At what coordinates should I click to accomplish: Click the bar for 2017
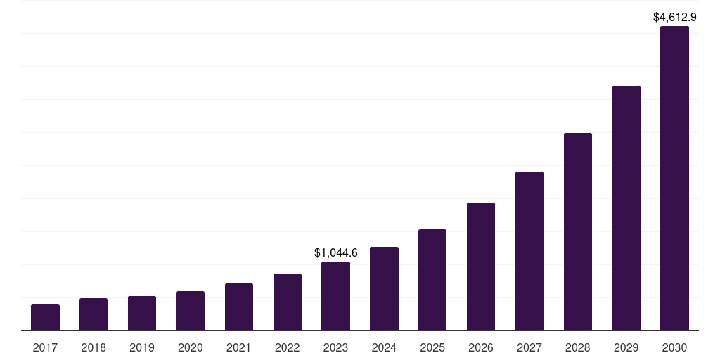[x=45, y=317]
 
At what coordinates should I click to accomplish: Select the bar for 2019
[x=142, y=313]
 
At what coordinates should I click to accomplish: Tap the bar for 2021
[x=239, y=307]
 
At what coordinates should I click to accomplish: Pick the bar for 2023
[x=335, y=296]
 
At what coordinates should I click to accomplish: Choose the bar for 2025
[x=432, y=280]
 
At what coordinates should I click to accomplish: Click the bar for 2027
[x=529, y=251]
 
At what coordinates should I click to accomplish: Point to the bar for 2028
[x=578, y=231]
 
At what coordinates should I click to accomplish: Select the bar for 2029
[x=626, y=208]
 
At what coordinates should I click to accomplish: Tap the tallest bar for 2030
[x=674, y=179]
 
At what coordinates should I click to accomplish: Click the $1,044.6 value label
[x=335, y=252]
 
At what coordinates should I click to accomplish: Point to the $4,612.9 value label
[x=674, y=17]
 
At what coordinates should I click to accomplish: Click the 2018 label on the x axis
[x=94, y=347]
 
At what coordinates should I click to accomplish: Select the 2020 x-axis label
[x=191, y=347]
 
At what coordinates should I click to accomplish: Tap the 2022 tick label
[x=288, y=347]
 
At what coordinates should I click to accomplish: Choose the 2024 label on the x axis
[x=384, y=347]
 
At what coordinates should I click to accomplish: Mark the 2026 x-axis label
[x=481, y=347]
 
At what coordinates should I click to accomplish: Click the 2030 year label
[x=674, y=347]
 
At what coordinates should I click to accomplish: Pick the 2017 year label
[x=45, y=347]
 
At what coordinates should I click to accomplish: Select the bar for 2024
[x=384, y=288]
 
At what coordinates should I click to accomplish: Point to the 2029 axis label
[x=626, y=347]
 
